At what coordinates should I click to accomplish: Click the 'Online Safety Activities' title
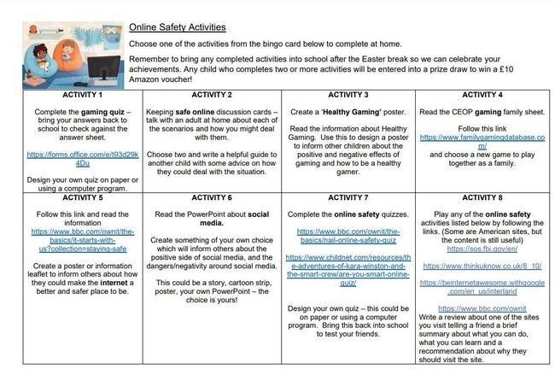tap(177, 27)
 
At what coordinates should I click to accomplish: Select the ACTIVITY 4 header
tap(482, 94)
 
